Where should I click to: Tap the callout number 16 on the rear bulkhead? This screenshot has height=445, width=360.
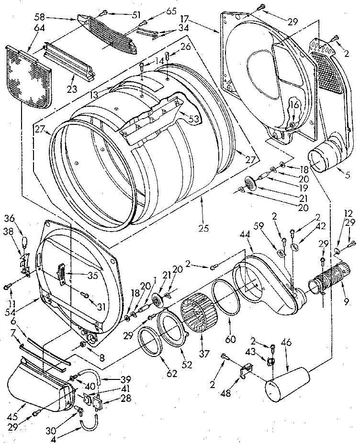pos(293,104)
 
